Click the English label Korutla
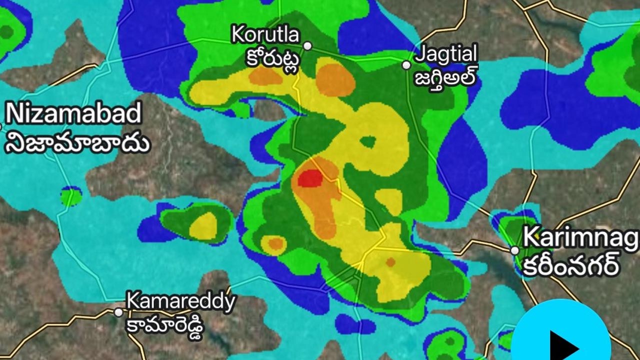pyautogui.click(x=265, y=35)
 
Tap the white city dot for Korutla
pyautogui.click(x=308, y=46)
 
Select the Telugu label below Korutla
pyautogui.click(x=273, y=59)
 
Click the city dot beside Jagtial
pyautogui.click(x=407, y=65)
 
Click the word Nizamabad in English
pyautogui.click(x=73, y=114)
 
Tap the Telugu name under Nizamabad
pyautogui.click(x=77, y=142)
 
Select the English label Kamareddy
pyautogui.click(x=180, y=301)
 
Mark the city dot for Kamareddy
pyautogui.click(x=118, y=312)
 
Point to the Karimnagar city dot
pyautogui.click(x=515, y=250)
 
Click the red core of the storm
pyautogui.click(x=310, y=178)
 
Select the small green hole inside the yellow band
pyautogui.click(x=368, y=142)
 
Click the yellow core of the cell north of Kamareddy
pyautogui.click(x=203, y=226)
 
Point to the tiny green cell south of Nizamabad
pyautogui.click(x=71, y=196)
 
